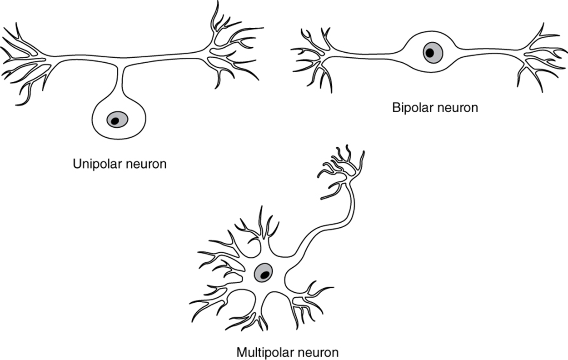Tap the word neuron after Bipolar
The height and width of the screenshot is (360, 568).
(455, 108)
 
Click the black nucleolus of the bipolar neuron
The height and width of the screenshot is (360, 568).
(429, 53)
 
